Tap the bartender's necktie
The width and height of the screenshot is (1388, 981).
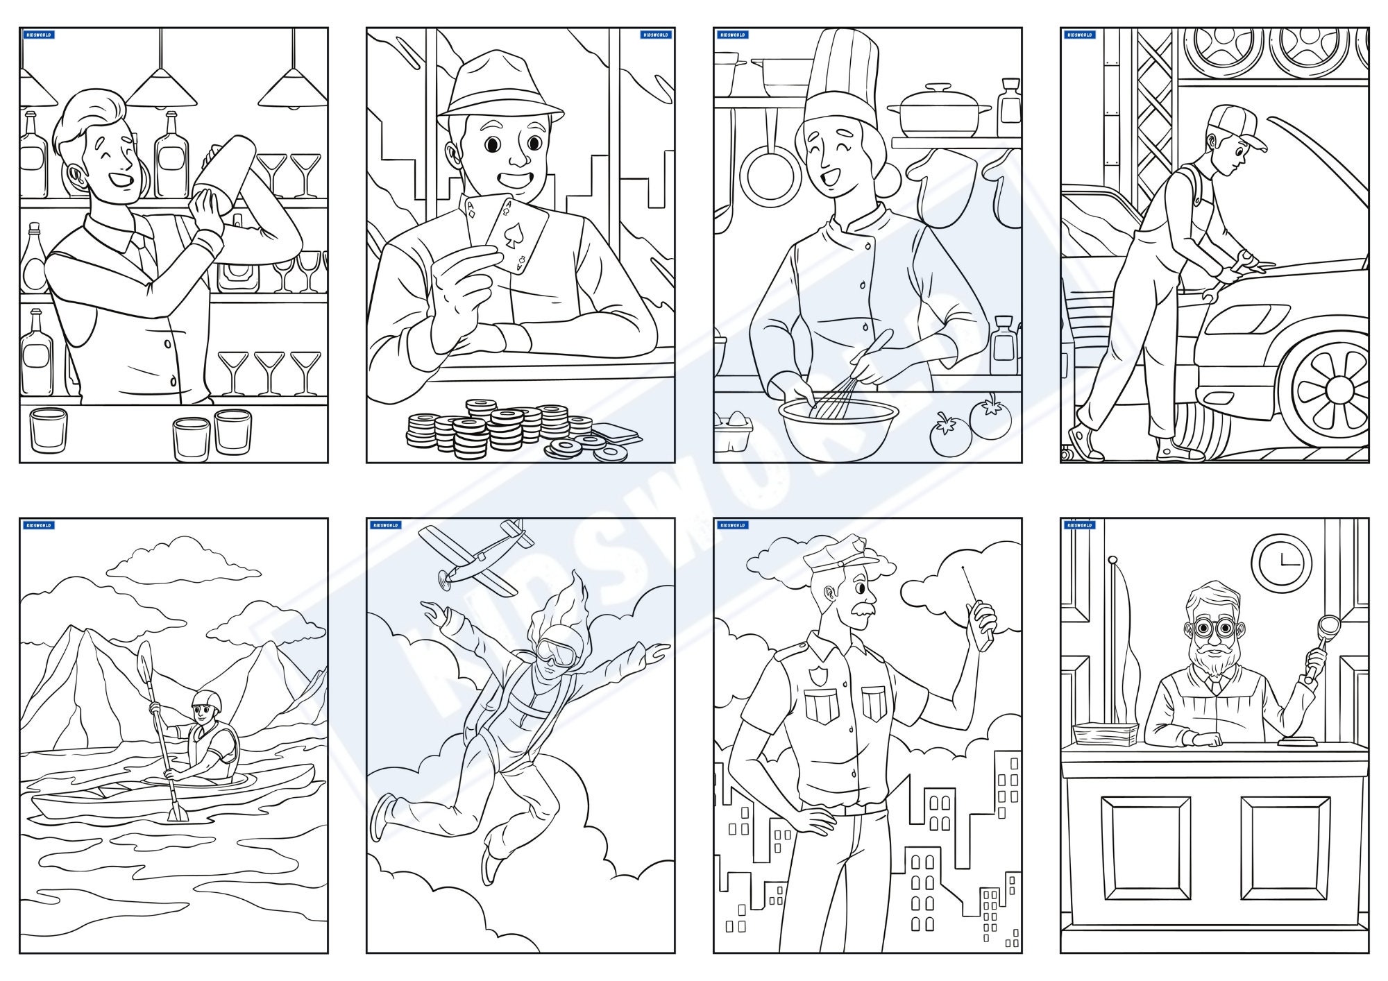click(147, 253)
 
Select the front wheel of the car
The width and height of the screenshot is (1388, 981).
click(1329, 389)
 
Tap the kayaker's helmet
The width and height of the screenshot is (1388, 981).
click(208, 701)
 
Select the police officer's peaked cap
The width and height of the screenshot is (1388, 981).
click(840, 555)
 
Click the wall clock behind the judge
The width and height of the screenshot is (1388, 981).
click(1281, 563)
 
